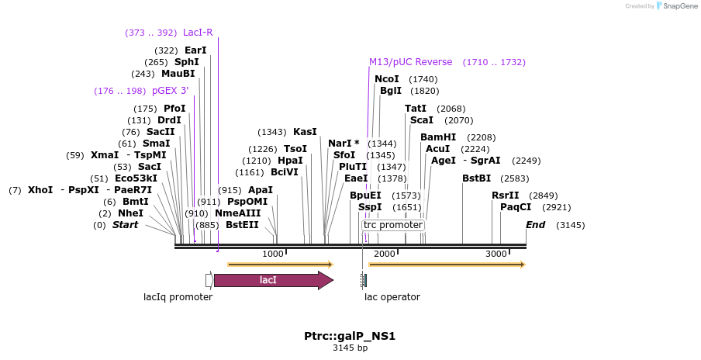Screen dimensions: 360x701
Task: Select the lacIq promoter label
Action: pyautogui.click(x=178, y=297)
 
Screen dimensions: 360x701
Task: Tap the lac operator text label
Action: pyautogui.click(x=392, y=297)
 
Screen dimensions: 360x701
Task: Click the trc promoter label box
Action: pyautogui.click(x=393, y=225)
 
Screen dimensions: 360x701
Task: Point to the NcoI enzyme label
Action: pyautogui.click(x=386, y=79)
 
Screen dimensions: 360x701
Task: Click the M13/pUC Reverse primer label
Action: pyautogui.click(x=410, y=62)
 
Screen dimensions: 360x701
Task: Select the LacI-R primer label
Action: pyautogui.click(x=198, y=33)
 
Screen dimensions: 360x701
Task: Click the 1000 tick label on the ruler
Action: pyautogui.click(x=273, y=254)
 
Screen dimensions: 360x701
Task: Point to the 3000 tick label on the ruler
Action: pyautogui.click(x=496, y=254)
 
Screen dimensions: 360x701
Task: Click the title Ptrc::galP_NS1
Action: pyautogui.click(x=350, y=337)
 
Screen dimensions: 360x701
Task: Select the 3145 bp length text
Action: pyautogui.click(x=350, y=348)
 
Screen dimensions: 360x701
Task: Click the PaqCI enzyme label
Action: pyautogui.click(x=516, y=207)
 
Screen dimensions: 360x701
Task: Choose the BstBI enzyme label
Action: pyautogui.click(x=476, y=178)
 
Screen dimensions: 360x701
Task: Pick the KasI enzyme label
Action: pyautogui.click(x=305, y=132)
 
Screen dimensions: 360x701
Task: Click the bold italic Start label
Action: pyautogui.click(x=125, y=225)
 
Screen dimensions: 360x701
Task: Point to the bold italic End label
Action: pyautogui.click(x=535, y=225)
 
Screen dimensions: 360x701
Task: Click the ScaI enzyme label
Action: pyautogui.click(x=421, y=120)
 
